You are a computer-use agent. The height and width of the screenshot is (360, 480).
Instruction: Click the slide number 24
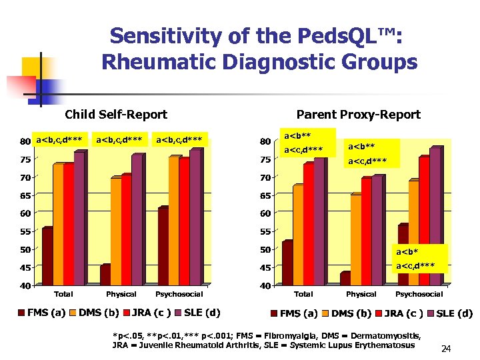tap(446, 349)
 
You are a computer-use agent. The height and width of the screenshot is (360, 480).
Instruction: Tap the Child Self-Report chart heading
tap(116, 115)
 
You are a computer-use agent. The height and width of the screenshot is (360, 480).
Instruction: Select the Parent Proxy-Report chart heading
tap(358, 115)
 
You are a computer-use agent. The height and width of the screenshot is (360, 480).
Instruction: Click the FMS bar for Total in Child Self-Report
tap(47, 257)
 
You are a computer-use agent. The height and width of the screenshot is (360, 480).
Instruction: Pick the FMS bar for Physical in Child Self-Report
tap(105, 275)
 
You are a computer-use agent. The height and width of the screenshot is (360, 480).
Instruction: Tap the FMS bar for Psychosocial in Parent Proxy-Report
tap(403, 255)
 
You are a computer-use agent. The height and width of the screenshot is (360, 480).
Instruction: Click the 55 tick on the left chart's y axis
tap(25, 232)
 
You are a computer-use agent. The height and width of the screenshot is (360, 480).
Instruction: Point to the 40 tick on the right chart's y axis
tap(265, 286)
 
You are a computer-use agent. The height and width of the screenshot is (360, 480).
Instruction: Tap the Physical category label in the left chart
tap(121, 294)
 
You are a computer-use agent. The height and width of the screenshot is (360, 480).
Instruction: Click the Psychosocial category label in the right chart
tap(419, 294)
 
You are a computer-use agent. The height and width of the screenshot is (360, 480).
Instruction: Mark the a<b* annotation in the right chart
tap(407, 252)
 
